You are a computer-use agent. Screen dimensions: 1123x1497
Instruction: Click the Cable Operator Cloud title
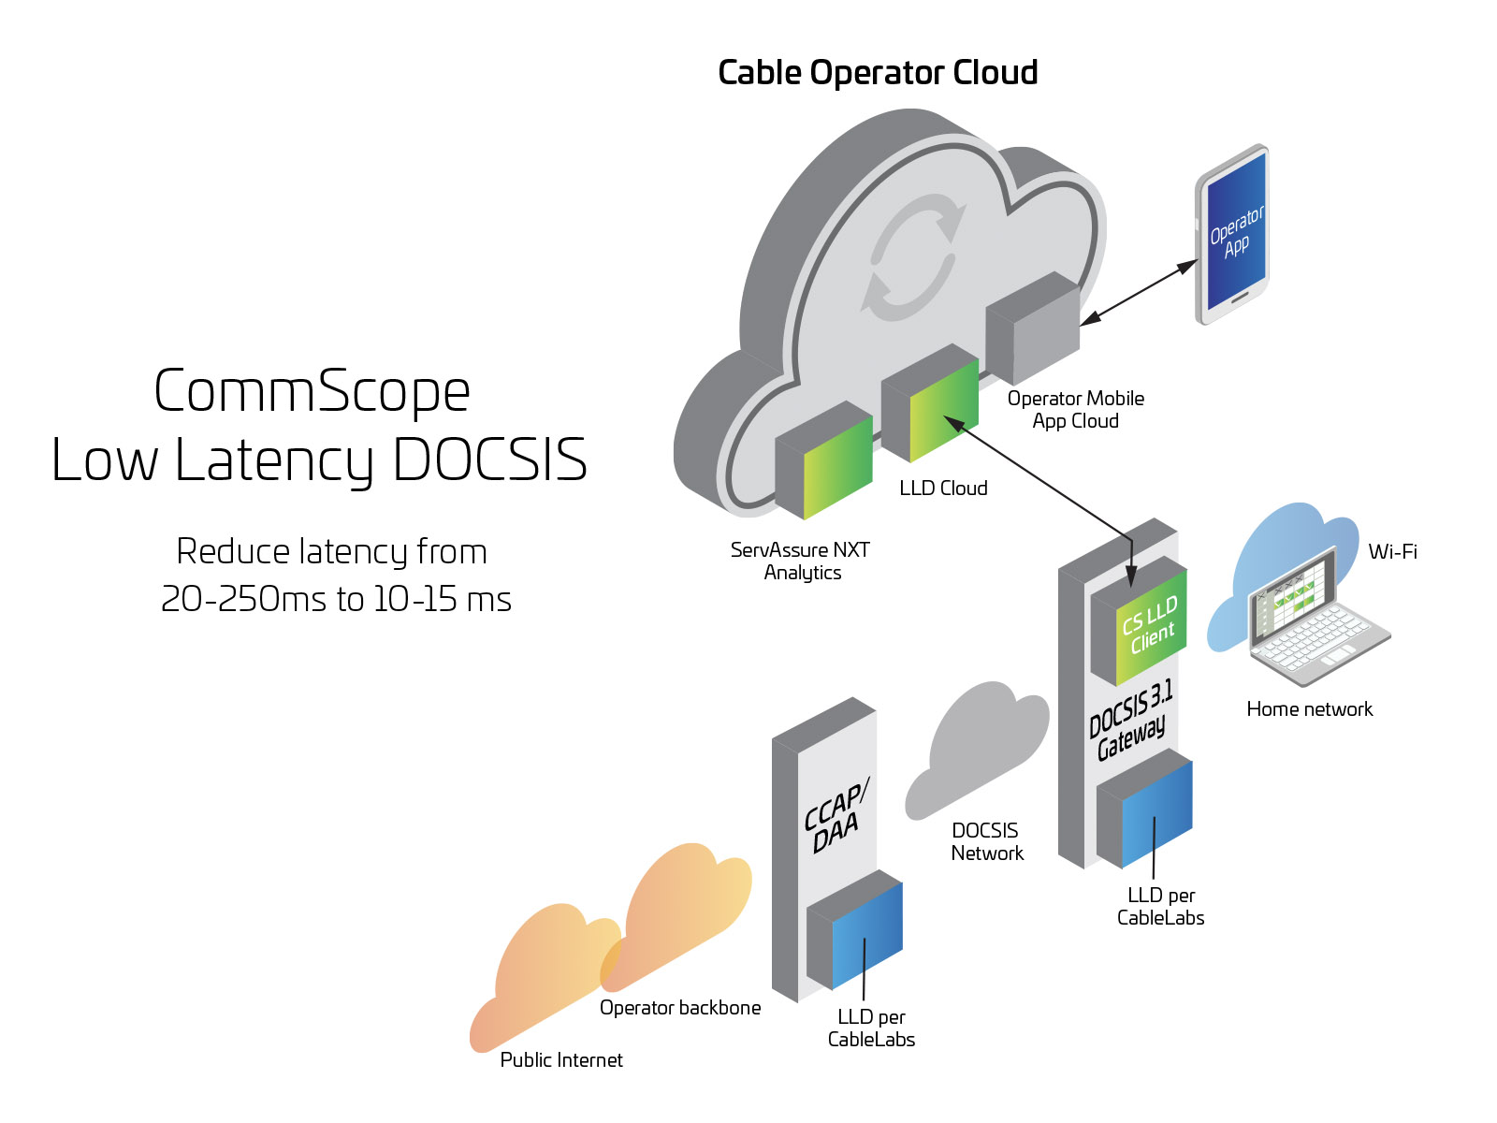click(x=877, y=73)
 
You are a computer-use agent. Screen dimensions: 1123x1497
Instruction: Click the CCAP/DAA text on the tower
click(x=835, y=815)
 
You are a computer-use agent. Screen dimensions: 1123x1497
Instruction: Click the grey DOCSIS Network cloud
click(x=978, y=749)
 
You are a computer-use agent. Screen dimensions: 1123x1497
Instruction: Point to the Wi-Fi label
click(x=1392, y=552)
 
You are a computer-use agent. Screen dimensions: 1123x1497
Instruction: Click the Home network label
click(x=1309, y=709)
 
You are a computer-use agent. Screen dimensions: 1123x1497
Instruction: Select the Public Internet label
click(x=561, y=1060)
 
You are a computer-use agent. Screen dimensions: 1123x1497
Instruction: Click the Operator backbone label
click(x=680, y=1008)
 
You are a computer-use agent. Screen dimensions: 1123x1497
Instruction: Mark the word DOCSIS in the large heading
click(x=489, y=460)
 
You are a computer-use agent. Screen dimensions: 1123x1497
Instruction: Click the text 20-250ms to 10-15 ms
click(x=336, y=599)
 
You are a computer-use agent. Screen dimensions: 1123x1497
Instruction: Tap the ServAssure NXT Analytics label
click(x=801, y=561)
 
